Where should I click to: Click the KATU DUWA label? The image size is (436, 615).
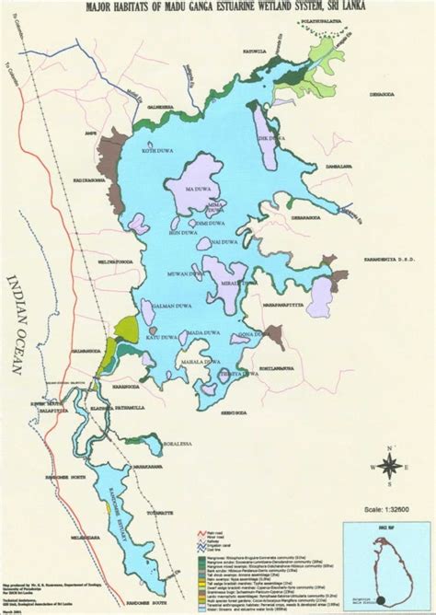click(150, 338)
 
